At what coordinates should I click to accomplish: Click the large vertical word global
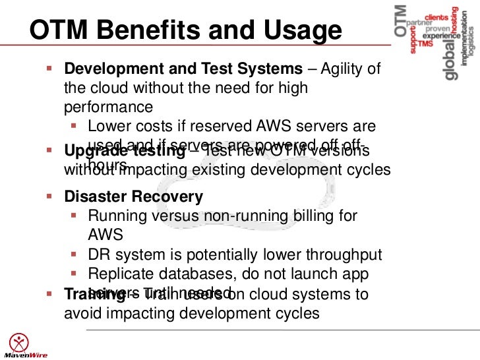pos(450,59)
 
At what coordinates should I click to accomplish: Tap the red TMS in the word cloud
pos(425,44)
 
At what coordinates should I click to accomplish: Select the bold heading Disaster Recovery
pos(133,196)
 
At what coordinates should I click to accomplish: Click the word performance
pos(108,106)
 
